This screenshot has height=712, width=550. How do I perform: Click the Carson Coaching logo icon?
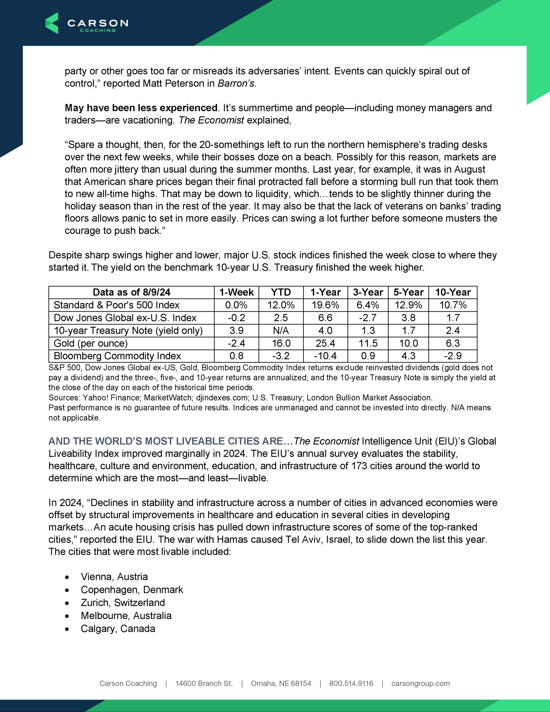pyautogui.click(x=52, y=23)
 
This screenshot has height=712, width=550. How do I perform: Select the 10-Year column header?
pyautogui.click(x=453, y=292)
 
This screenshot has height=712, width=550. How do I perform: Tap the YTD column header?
pyautogui.click(x=281, y=292)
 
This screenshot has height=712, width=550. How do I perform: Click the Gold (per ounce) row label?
pyautogui.click(x=91, y=343)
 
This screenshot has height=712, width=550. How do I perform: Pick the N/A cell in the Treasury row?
pyautogui.click(x=281, y=331)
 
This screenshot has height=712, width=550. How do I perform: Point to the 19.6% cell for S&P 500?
pyautogui.click(x=325, y=305)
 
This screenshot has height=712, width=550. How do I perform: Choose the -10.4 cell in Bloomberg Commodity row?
pyautogui.click(x=325, y=356)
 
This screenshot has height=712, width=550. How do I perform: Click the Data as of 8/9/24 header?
pyautogui.click(x=131, y=292)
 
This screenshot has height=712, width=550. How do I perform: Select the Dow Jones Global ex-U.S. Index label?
pyautogui.click(x=125, y=318)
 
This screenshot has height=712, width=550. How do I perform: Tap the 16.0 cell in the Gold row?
pyautogui.click(x=281, y=343)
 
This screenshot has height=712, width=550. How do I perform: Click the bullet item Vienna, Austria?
pyautogui.click(x=114, y=577)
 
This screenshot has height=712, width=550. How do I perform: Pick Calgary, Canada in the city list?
pyautogui.click(x=118, y=628)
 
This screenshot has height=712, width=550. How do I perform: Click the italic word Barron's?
pyautogui.click(x=236, y=84)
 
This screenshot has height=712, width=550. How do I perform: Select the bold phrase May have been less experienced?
pyautogui.click(x=141, y=108)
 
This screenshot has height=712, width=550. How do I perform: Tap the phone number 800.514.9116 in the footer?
pyautogui.click(x=351, y=683)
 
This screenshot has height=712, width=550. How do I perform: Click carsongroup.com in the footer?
pyautogui.click(x=420, y=683)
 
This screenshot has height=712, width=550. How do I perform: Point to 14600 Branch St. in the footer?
pyautogui.click(x=204, y=683)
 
